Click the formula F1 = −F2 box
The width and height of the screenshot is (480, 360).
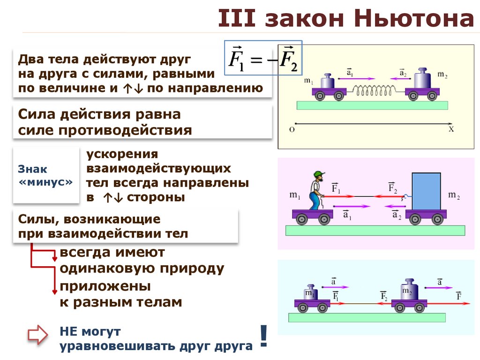pyautogui.click(x=263, y=58)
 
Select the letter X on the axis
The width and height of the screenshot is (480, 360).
pyautogui.click(x=451, y=129)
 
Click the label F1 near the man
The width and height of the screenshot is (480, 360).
pyautogui.click(x=336, y=188)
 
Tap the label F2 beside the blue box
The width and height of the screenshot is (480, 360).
pyautogui.click(x=393, y=188)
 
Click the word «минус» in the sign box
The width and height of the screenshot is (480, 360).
pyautogui.click(x=45, y=182)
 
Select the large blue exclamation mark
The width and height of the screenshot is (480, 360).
pyautogui.click(x=263, y=336)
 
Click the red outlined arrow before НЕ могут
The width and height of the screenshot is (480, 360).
pyautogui.click(x=37, y=335)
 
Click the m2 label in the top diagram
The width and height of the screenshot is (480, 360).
pyautogui.click(x=442, y=75)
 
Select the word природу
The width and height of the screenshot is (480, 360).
pyautogui.click(x=191, y=269)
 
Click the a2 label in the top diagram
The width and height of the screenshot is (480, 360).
pyautogui.click(x=402, y=73)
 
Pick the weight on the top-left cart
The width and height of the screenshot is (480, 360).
pyautogui.click(x=327, y=82)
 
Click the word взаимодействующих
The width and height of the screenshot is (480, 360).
pyautogui.click(x=158, y=168)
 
